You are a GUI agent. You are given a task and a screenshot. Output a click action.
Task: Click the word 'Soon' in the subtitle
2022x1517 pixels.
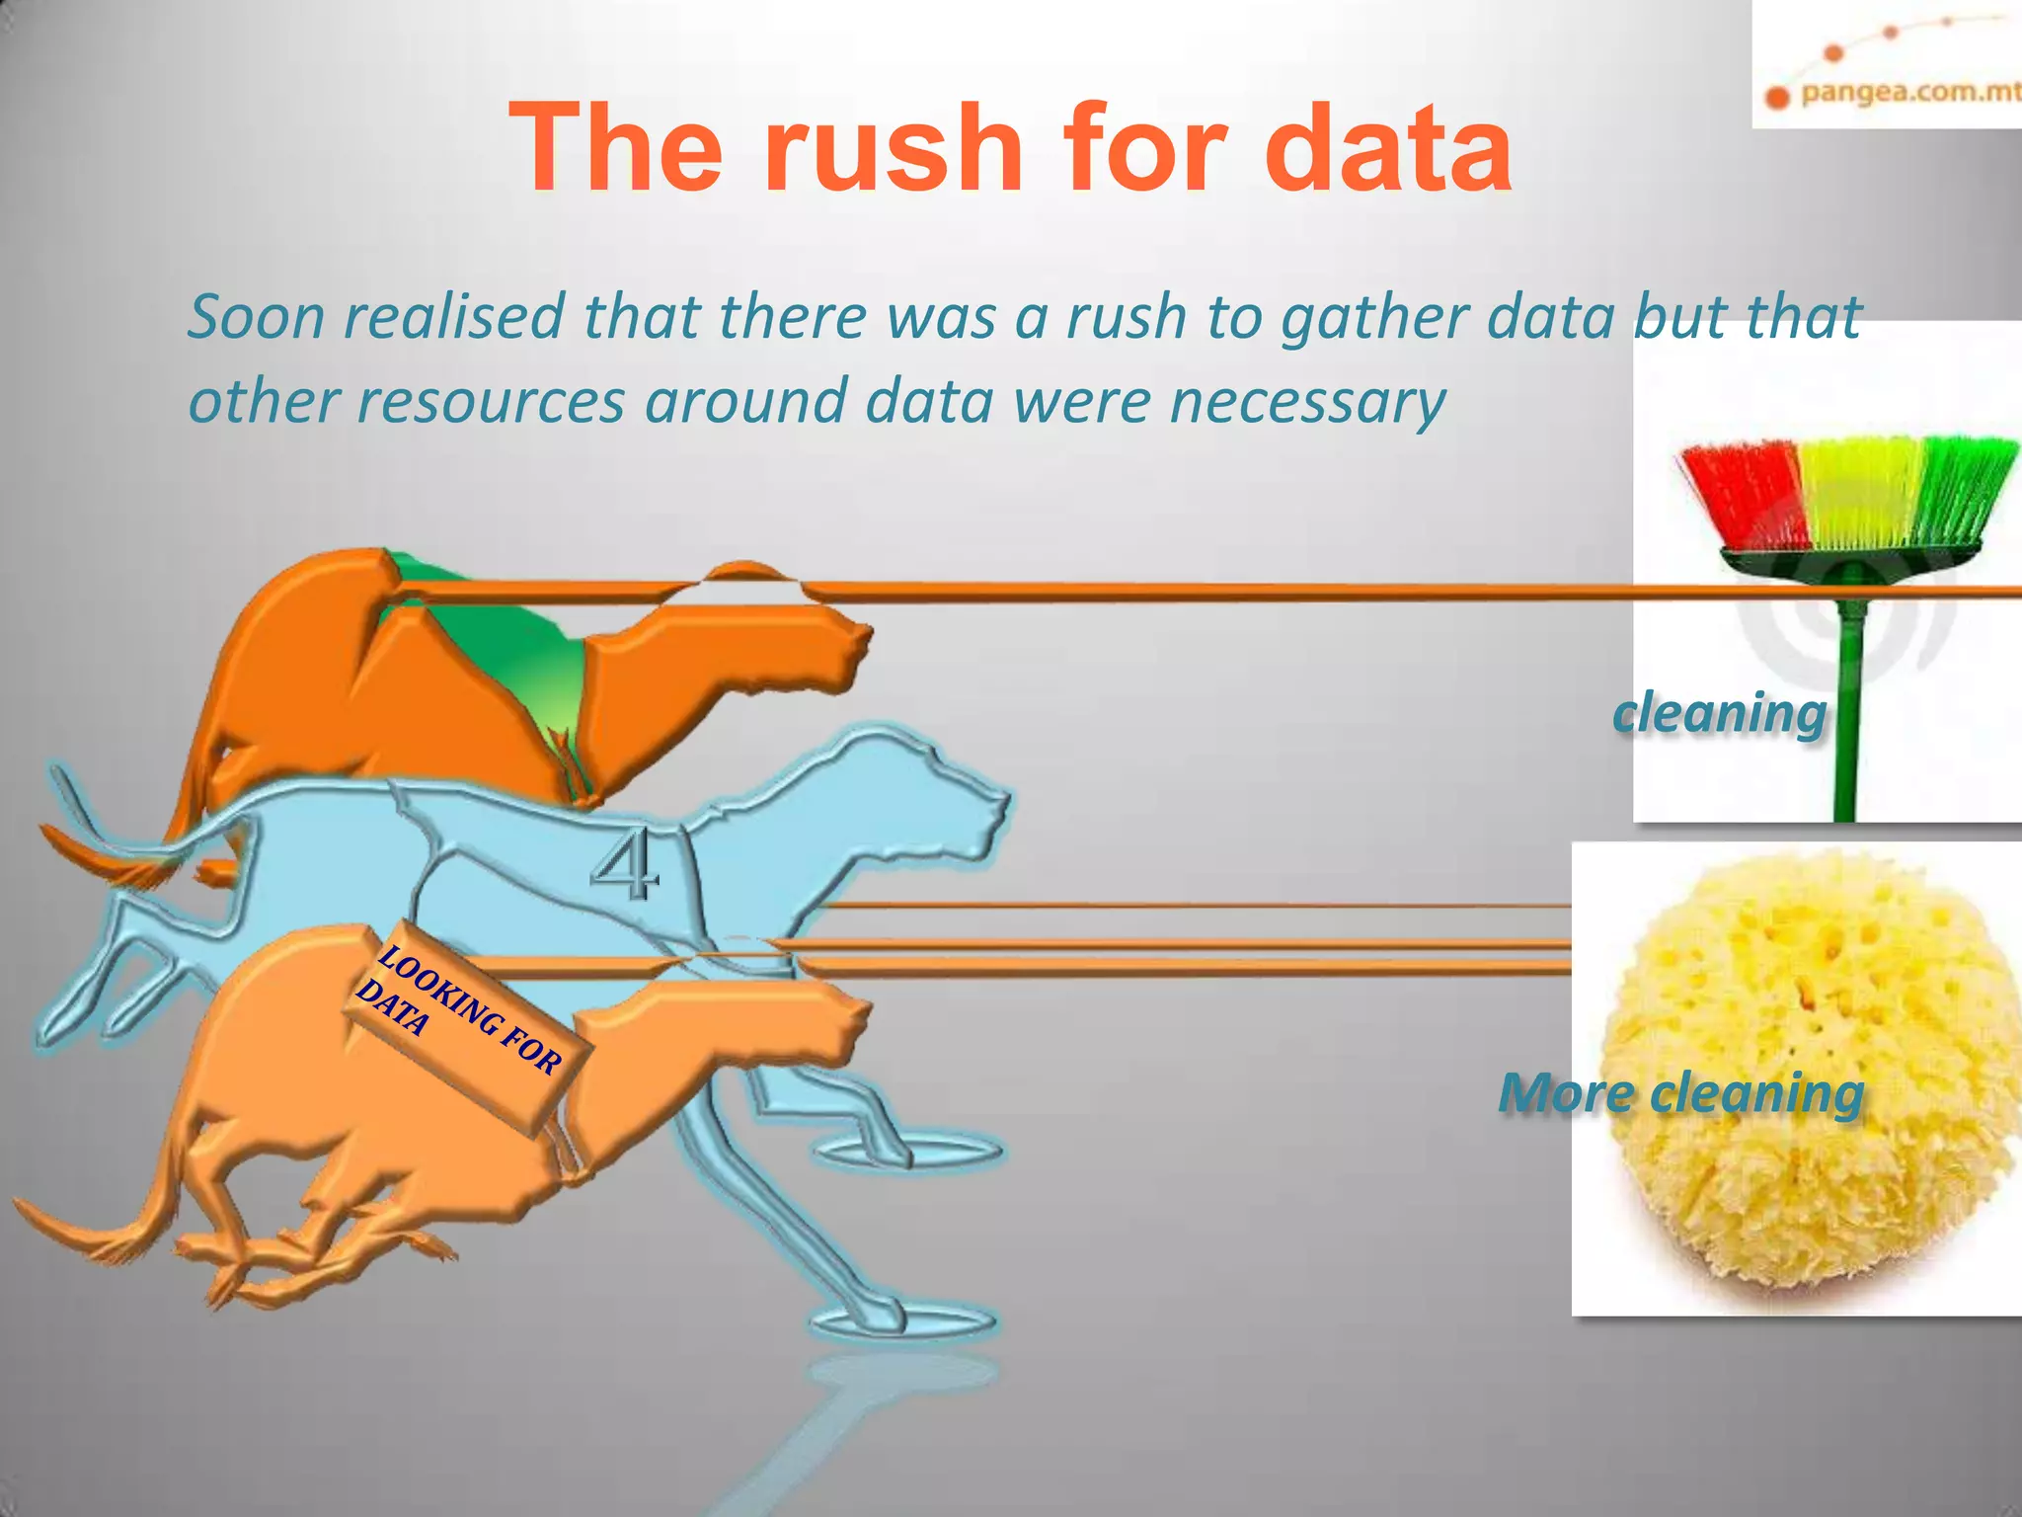(256, 317)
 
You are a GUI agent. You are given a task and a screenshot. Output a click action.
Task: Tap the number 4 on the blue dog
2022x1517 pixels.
(625, 865)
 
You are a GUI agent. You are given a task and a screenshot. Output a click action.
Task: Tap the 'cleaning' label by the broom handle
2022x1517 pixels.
(1719, 712)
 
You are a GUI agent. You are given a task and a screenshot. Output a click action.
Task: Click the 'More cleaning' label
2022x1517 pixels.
(1680, 1093)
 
